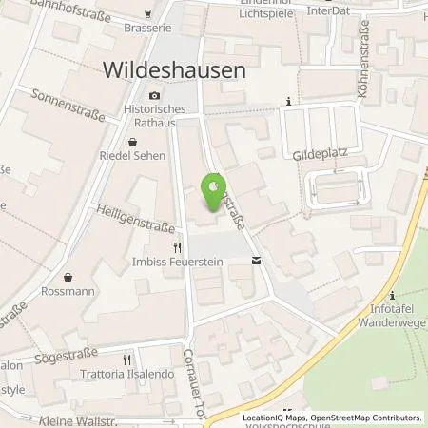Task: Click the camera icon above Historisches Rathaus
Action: click(x=155, y=97)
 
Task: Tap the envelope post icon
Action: click(x=255, y=260)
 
